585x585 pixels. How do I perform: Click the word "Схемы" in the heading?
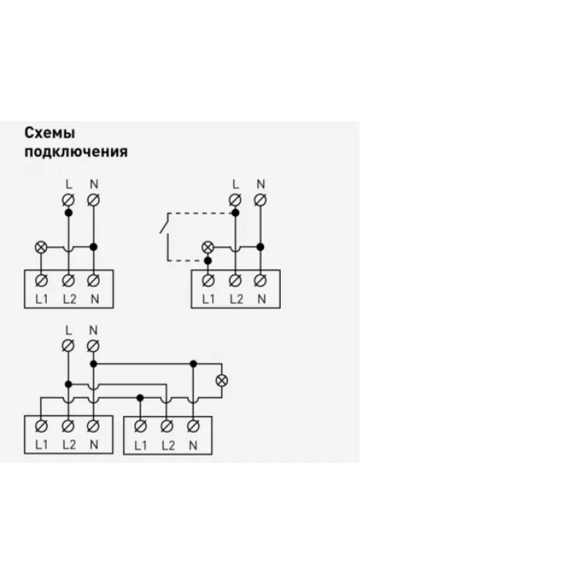[50, 133]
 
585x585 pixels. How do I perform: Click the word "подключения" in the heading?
[76, 152]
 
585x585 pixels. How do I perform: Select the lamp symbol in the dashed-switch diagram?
[208, 247]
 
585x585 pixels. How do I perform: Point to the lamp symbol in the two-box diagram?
[222, 380]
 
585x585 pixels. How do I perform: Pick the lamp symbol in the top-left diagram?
[41, 247]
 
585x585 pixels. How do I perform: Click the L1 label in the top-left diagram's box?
[42, 299]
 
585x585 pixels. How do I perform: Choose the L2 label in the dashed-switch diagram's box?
[236, 299]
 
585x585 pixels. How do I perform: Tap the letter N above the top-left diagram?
[94, 184]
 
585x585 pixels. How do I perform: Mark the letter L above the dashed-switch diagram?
[235, 184]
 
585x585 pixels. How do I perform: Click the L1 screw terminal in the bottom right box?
[140, 426]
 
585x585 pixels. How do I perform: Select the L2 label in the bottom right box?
[168, 445]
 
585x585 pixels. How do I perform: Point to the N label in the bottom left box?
[94, 445]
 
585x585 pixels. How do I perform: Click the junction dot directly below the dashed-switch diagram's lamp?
[208, 260]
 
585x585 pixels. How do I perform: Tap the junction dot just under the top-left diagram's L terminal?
[68, 213]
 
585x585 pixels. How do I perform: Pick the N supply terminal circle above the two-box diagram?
[94, 346]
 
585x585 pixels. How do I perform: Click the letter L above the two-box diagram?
[68, 331]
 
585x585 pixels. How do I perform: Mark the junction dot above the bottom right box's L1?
[140, 398]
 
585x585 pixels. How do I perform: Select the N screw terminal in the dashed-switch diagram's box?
[260, 280]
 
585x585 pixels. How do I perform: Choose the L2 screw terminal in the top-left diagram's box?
[68, 280]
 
